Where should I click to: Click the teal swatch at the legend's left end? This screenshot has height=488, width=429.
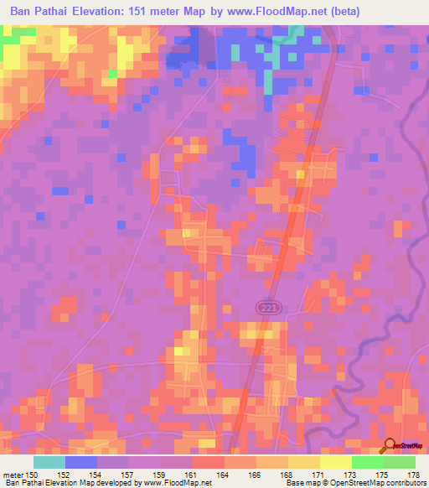pyautogui.click(x=49, y=462)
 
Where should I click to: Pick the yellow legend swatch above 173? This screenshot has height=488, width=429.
pyautogui.click(x=336, y=462)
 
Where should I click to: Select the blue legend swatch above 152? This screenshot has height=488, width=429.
pyautogui.click(x=81, y=462)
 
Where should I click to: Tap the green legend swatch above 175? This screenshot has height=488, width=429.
pyautogui.click(x=368, y=462)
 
